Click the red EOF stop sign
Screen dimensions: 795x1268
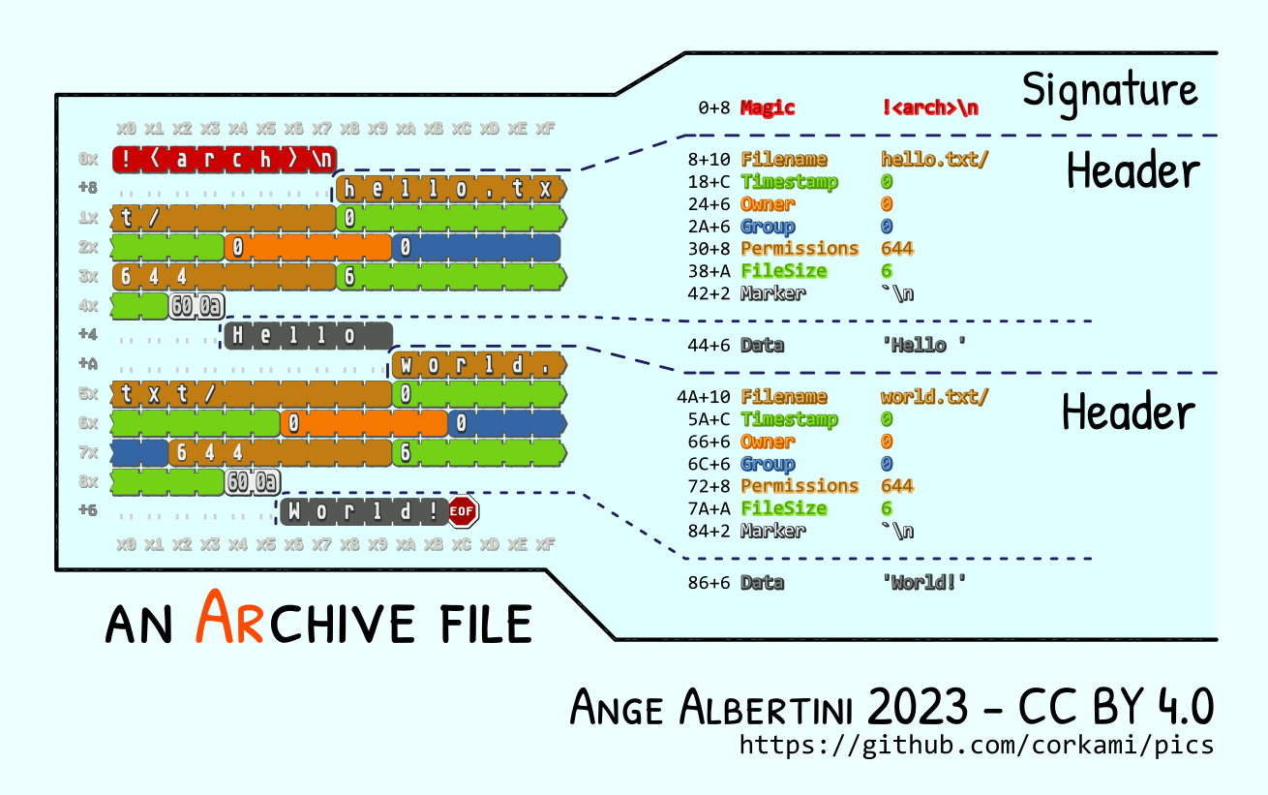pos(463,510)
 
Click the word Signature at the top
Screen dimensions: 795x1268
pos(1109,90)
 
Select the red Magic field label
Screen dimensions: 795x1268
pos(768,107)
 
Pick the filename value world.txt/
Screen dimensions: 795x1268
pos(934,396)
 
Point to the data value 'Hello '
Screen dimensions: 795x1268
pos(923,345)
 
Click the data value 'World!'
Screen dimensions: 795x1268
pos(923,582)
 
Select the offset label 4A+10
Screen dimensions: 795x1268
pos(704,396)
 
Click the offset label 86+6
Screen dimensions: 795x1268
pos(709,582)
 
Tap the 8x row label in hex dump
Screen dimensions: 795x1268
pos(89,481)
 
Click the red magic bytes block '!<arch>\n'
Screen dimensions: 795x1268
pos(225,159)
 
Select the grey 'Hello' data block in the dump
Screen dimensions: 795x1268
pos(308,336)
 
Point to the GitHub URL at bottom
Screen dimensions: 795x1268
pos(976,745)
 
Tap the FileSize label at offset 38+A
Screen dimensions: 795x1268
pos(784,271)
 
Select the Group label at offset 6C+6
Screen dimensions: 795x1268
pos(768,464)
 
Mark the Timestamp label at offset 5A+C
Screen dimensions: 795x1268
pos(789,419)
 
